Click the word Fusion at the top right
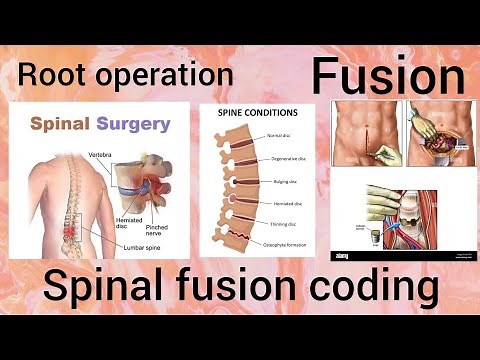tap(387, 76)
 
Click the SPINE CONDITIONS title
tap(258, 113)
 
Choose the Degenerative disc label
tap(287, 158)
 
